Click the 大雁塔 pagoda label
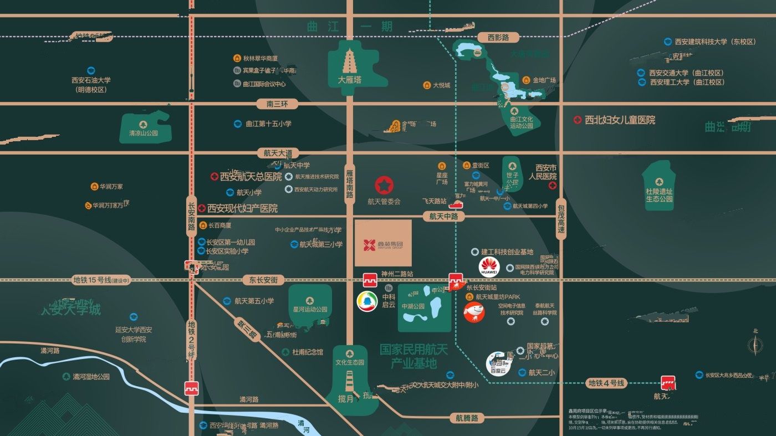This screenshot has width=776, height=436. point(349,80)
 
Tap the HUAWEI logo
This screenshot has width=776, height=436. point(489,267)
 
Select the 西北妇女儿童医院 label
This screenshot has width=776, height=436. point(620,120)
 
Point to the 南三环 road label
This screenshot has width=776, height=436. point(278,104)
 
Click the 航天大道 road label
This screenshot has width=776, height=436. point(278,153)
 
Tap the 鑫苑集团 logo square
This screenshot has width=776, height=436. point(383,243)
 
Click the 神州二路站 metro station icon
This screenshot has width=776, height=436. point(370,280)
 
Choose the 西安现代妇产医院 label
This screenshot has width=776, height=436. point(243,209)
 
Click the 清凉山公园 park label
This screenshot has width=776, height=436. point(144,133)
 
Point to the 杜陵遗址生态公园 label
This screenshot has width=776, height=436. point(659,194)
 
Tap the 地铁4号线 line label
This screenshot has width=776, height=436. point(606,383)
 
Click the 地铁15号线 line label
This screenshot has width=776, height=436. point(101,280)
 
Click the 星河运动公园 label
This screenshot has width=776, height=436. point(310,310)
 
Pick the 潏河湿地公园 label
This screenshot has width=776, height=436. point(91,377)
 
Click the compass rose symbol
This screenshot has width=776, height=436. point(755,345)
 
